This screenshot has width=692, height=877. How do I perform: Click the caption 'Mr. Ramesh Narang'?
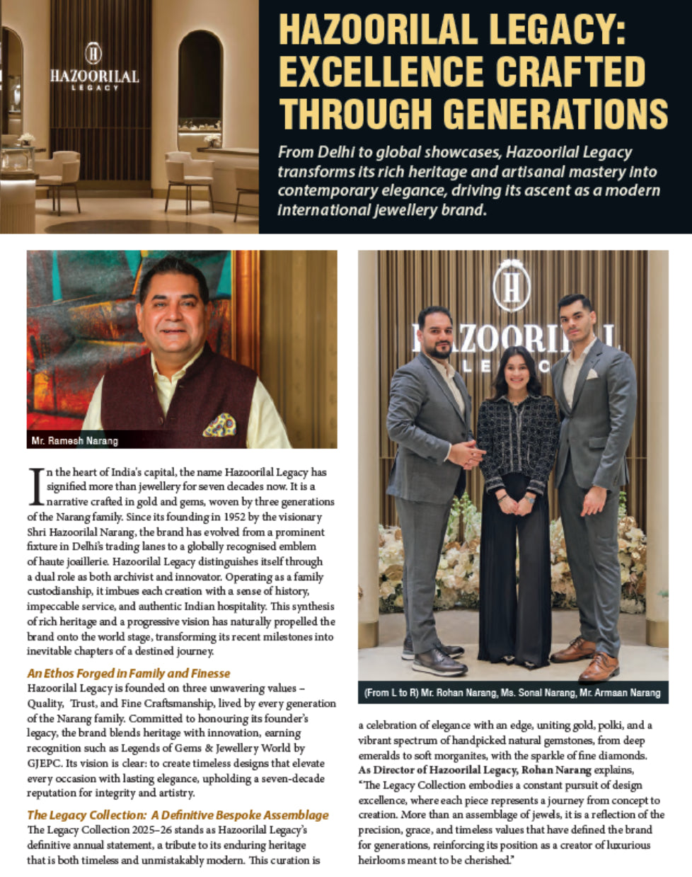tap(75, 441)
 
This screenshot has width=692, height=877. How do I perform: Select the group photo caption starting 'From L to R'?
tap(512, 692)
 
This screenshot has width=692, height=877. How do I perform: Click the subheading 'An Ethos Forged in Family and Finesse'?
tap(129, 673)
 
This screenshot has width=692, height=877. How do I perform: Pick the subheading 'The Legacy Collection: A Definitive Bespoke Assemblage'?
tap(178, 815)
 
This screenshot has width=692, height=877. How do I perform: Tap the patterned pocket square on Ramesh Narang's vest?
tap(219, 425)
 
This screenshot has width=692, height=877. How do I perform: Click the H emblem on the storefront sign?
tap(93, 53)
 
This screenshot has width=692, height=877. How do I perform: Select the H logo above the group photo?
tap(512, 285)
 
